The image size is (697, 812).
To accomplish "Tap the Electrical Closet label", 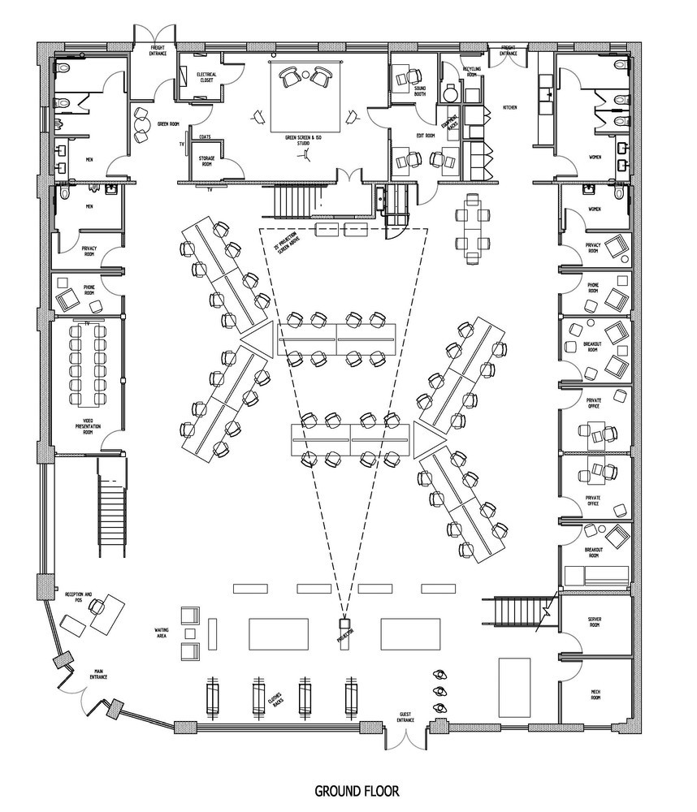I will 206,77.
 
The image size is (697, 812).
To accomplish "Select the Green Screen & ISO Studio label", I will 303,140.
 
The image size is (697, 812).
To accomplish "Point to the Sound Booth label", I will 422,91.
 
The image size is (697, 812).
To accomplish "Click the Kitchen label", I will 510,107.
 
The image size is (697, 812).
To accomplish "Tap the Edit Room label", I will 424,136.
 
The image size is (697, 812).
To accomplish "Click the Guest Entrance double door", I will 405,736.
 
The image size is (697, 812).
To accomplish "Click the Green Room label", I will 168,124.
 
